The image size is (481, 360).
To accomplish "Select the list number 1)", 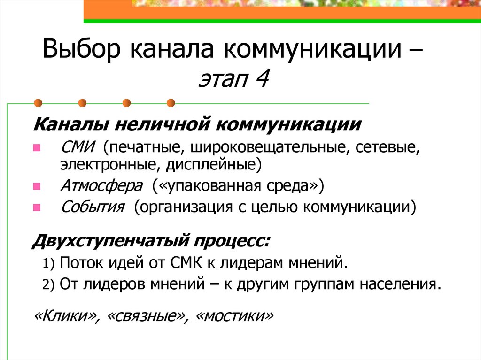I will point(49,264).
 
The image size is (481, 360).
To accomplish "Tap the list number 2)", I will point(49,284).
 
